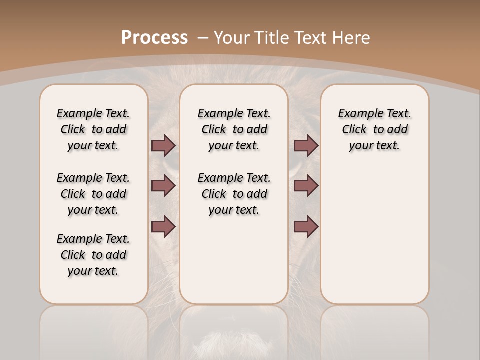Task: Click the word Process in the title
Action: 154,38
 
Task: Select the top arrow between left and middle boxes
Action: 163,145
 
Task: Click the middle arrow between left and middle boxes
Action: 163,186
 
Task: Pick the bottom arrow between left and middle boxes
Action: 163,226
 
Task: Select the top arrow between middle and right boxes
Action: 306,145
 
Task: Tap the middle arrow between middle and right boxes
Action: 306,186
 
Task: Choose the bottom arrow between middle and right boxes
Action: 306,226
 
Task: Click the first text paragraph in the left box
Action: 93,129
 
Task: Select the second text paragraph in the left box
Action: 93,194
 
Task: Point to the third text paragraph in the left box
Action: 93,255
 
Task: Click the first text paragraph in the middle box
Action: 234,129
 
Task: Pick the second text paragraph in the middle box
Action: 234,194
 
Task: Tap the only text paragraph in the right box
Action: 374,129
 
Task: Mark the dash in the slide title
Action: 203,38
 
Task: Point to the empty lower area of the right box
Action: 374,235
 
